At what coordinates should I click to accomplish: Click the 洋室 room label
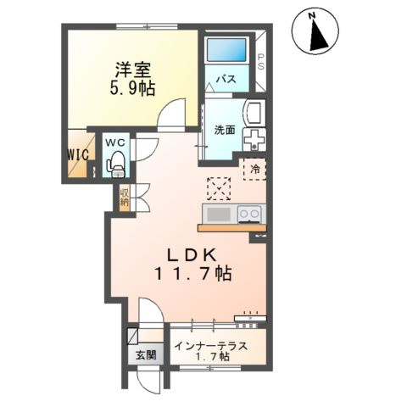click(132, 70)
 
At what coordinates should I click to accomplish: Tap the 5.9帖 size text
click(132, 89)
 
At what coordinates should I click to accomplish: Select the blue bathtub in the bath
click(226, 50)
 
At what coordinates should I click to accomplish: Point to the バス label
click(226, 79)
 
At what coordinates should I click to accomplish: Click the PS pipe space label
click(260, 62)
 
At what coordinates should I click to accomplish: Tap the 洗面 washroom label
click(225, 130)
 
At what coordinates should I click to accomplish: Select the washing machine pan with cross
click(254, 139)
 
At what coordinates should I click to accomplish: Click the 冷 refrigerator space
click(255, 169)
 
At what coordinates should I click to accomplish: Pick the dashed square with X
click(219, 188)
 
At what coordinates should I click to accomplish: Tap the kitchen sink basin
click(219, 215)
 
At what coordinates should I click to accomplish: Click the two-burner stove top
click(249, 214)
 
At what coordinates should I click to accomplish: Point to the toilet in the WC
click(115, 164)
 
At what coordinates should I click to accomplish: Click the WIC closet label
click(78, 154)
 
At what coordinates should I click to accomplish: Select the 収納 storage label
click(125, 197)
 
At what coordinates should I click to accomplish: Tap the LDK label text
click(192, 256)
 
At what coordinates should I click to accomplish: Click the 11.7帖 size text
click(193, 274)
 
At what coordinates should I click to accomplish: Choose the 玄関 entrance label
click(146, 355)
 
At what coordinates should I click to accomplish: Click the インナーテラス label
click(211, 346)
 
